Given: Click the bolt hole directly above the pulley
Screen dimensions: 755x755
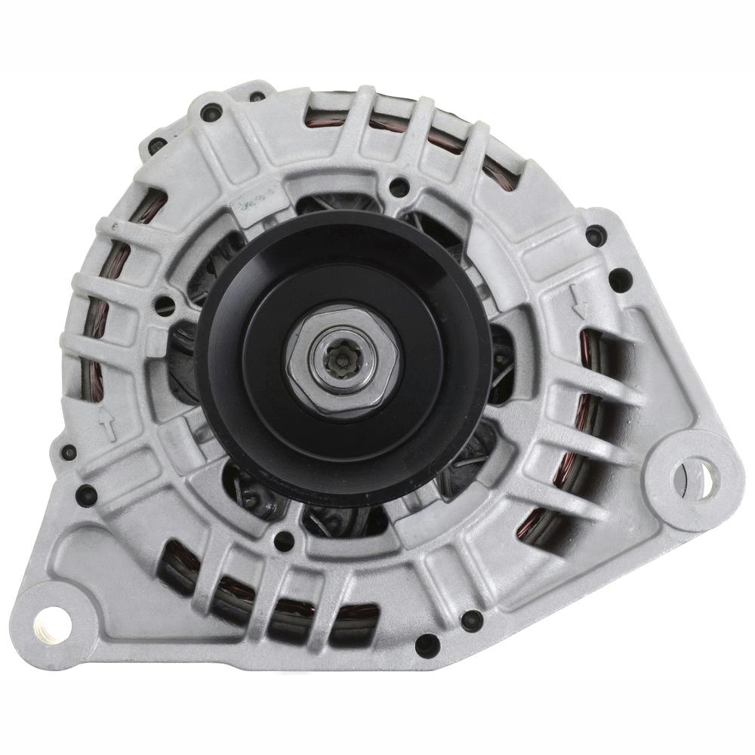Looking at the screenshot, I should click(x=398, y=185).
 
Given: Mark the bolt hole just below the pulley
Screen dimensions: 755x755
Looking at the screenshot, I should click(x=285, y=539).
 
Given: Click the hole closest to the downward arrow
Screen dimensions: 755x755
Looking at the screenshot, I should click(x=619, y=279).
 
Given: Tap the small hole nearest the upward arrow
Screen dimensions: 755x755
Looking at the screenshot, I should click(x=69, y=452).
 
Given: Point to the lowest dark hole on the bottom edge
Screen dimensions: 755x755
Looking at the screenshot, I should click(x=427, y=646).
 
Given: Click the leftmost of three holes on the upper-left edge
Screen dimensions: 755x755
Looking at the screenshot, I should click(x=157, y=146).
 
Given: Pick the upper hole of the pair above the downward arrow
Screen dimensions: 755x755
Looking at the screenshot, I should click(x=597, y=234).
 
